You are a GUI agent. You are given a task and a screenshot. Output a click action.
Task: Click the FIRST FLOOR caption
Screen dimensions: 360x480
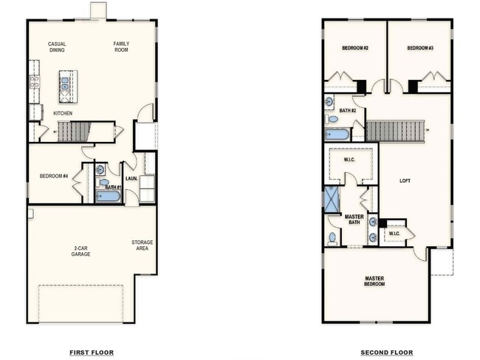click(92, 353)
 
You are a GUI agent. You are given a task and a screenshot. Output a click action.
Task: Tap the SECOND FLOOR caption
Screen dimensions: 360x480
click(387, 353)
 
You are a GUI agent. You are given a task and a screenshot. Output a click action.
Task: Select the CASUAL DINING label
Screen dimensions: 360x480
click(57, 47)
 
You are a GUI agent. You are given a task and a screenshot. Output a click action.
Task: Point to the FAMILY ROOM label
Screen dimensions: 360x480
click(121, 47)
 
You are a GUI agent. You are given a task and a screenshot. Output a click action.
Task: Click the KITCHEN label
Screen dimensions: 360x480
click(63, 113)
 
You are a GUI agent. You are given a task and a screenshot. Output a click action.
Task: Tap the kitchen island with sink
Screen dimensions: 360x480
click(66, 82)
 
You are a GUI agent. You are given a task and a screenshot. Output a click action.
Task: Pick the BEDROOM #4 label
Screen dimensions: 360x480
click(54, 176)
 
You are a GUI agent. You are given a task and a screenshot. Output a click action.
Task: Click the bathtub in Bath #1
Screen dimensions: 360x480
click(107, 197)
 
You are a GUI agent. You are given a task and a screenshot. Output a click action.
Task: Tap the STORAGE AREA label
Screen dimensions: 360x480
click(143, 245)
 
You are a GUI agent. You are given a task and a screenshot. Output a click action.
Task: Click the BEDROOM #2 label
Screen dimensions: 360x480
click(355, 49)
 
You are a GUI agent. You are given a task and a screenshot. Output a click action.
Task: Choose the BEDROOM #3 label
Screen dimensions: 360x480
click(420, 49)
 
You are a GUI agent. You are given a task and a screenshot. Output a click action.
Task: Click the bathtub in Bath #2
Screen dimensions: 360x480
click(337, 135)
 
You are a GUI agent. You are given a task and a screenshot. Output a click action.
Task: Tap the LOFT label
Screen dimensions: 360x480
click(405, 180)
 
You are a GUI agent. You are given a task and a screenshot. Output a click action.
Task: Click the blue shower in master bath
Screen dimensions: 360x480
click(332, 199)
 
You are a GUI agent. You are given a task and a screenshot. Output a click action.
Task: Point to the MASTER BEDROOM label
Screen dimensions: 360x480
click(374, 281)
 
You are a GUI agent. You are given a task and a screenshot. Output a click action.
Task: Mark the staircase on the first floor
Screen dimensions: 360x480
click(73, 132)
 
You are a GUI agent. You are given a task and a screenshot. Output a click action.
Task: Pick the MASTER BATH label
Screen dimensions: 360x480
click(354, 220)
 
